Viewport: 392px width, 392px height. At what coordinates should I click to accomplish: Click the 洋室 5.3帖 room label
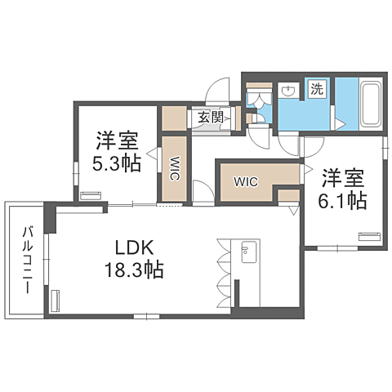[114, 150]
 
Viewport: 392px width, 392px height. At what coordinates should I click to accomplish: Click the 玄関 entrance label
[207, 118]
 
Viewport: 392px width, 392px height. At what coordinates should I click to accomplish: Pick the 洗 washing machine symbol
[316, 90]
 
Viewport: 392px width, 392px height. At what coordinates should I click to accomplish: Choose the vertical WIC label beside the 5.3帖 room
[175, 169]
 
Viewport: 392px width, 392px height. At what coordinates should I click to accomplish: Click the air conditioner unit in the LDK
[56, 301]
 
